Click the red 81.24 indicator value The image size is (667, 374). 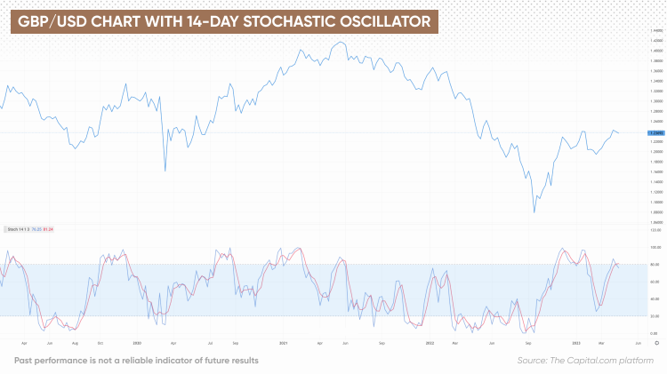coord(49,229)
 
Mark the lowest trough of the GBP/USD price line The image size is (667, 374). coord(534,211)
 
